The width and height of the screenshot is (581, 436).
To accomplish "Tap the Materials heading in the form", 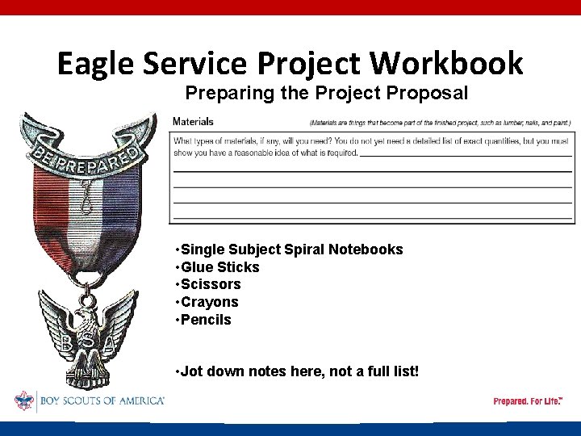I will click(194, 122).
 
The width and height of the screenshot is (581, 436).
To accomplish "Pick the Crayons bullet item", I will click(209, 302).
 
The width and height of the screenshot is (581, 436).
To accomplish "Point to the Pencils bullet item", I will click(206, 320).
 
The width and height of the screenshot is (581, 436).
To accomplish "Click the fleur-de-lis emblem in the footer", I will click(24, 400).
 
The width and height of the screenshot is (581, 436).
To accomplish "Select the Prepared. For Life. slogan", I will click(528, 401).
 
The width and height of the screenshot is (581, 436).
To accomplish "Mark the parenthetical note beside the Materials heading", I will click(440, 123).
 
